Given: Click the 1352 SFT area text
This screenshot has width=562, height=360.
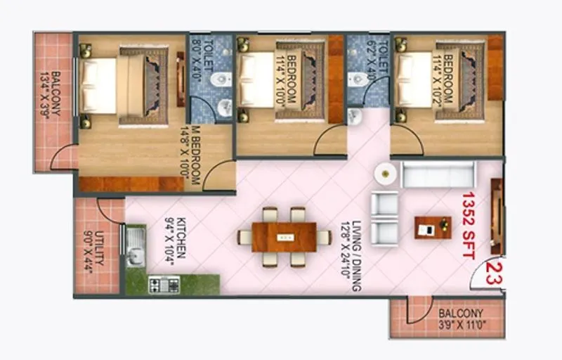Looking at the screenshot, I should (469, 225).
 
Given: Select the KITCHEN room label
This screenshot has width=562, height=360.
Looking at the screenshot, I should (175, 240).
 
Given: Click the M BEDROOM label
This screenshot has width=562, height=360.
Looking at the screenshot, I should (195, 157).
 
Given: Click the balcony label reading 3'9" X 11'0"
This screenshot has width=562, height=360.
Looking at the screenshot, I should (461, 319).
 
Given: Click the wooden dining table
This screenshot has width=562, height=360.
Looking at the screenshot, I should (284, 236).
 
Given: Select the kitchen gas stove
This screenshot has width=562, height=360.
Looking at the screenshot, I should (164, 284).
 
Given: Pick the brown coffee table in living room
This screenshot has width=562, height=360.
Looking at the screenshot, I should (432, 227).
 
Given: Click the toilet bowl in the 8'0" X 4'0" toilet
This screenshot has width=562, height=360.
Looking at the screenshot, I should (220, 78).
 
